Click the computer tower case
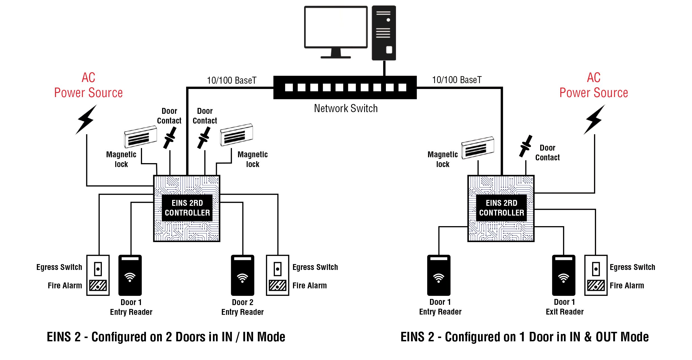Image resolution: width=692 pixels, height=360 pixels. pyautogui.click(x=384, y=33)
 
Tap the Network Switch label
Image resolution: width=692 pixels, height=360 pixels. pyautogui.click(x=346, y=108)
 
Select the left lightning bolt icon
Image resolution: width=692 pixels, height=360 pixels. pyautogui.click(x=86, y=119)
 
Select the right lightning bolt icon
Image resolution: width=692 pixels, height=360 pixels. pyautogui.click(x=594, y=119)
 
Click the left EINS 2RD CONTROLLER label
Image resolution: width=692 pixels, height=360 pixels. pyautogui.click(x=187, y=208)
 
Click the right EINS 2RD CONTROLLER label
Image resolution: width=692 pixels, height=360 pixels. pyautogui.click(x=501, y=208)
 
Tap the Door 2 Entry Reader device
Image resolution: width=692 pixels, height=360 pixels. pyautogui.click(x=242, y=275)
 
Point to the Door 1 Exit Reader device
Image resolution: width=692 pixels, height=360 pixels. pyautogui.click(x=564, y=275)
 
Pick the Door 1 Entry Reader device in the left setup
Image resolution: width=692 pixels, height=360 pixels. pyautogui.click(x=130, y=275)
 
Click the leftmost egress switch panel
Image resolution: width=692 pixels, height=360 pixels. pyautogui.click(x=98, y=275)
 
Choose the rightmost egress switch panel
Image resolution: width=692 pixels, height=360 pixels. pyautogui.click(x=596, y=275)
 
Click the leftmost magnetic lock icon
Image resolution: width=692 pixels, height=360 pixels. pyautogui.click(x=140, y=137)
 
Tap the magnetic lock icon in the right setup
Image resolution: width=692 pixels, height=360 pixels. pyautogui.click(x=478, y=148)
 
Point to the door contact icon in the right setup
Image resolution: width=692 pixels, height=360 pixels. pyautogui.click(x=526, y=146)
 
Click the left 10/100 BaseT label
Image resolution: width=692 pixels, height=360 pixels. pyautogui.click(x=232, y=80)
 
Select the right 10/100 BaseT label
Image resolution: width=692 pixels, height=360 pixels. pyautogui.click(x=457, y=80)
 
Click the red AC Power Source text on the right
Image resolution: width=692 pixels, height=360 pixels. pyautogui.click(x=594, y=85)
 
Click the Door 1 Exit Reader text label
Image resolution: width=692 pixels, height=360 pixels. pyautogui.click(x=565, y=307)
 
